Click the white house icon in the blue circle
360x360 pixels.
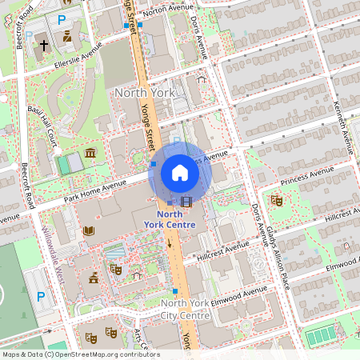tap(180, 172)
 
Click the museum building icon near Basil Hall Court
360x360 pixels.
tap(90, 153)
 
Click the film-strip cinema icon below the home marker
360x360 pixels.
tap(186, 202)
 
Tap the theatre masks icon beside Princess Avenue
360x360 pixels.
tap(278, 200)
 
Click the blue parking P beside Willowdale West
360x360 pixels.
tap(41, 296)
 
